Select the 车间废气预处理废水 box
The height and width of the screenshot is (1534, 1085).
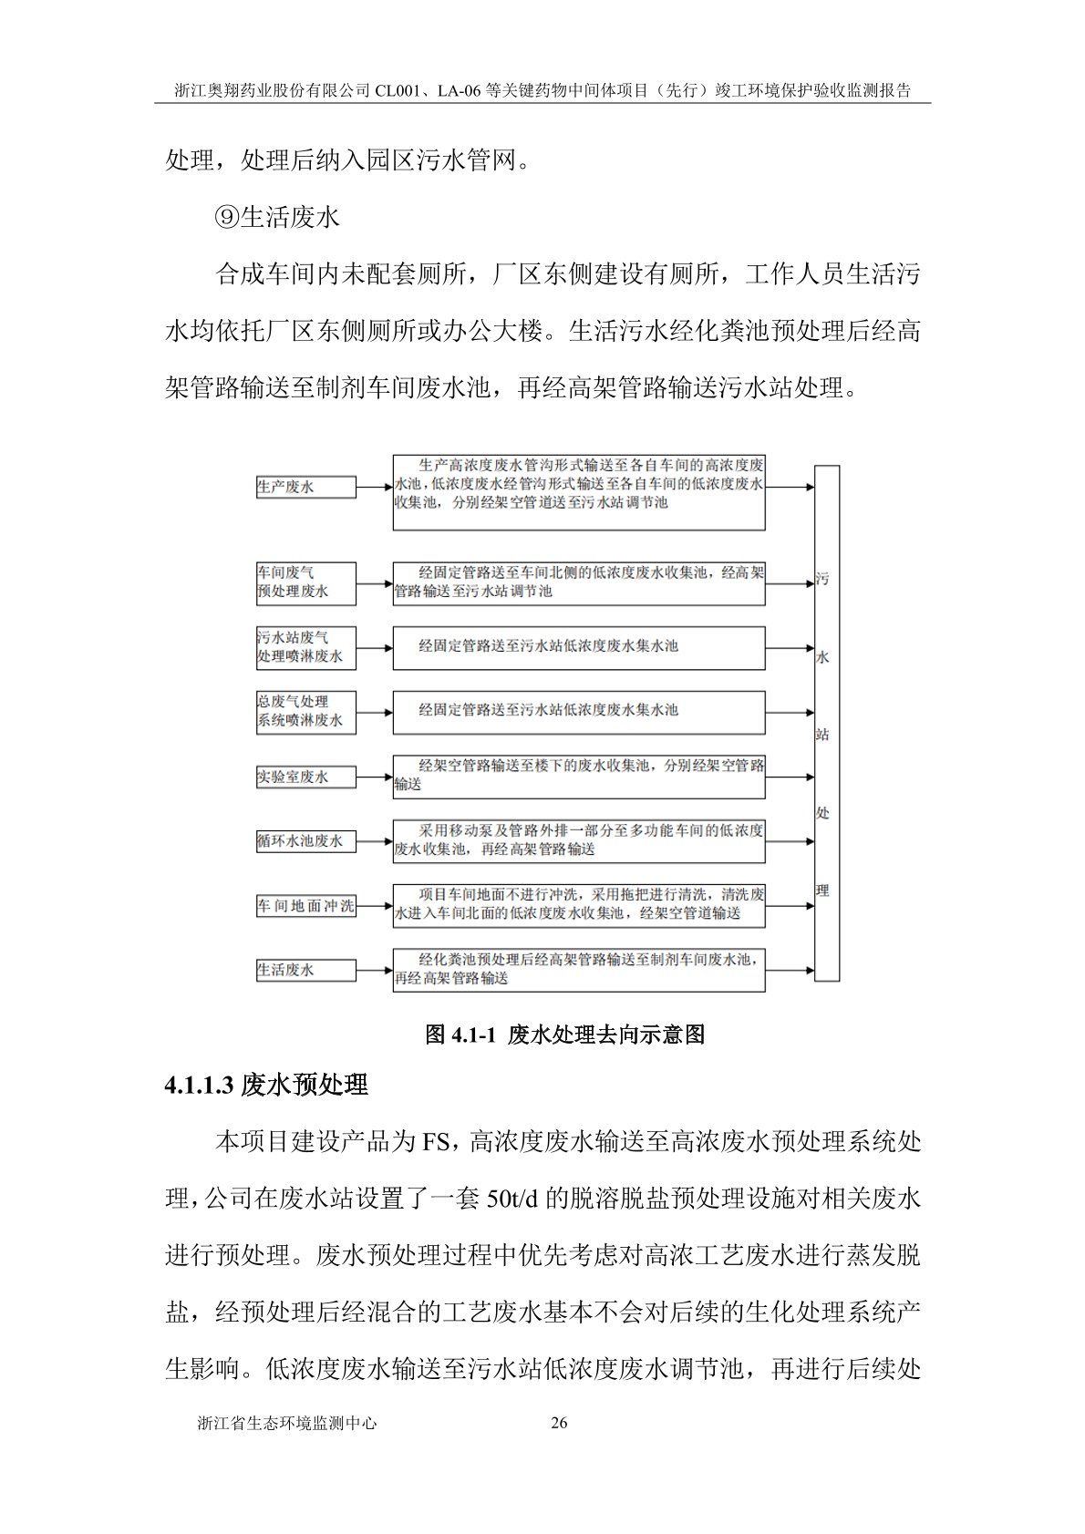pos(305,582)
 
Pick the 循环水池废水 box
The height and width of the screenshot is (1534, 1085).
pos(305,841)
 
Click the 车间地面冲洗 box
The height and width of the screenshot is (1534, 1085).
pos(305,906)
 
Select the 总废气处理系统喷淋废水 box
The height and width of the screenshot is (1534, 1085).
pos(305,711)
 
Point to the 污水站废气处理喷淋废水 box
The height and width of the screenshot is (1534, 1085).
pos(305,647)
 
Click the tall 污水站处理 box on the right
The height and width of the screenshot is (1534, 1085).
pos(826,723)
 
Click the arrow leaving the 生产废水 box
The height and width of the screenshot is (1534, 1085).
pos(375,487)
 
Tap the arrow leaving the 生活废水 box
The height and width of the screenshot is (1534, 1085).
pos(375,970)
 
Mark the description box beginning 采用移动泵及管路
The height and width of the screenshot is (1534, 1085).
pos(579,840)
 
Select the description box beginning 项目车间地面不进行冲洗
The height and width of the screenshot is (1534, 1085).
pos(579,904)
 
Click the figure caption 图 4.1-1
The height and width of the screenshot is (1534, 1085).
pos(565,1035)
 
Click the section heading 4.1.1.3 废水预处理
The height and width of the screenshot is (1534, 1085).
pos(266,1085)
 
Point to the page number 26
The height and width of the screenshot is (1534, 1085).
pos(560,1423)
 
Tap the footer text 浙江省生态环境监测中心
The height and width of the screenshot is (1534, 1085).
pos(286,1423)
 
